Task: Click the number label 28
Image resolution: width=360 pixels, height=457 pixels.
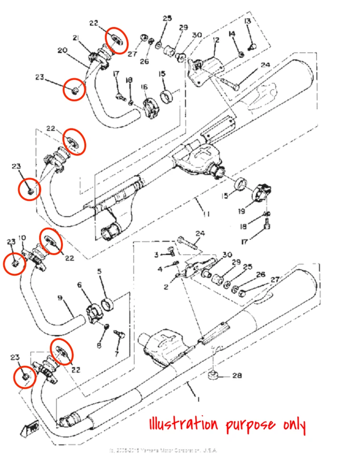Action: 237,376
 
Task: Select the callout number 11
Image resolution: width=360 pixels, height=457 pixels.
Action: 206,215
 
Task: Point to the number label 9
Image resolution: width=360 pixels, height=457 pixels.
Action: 60,298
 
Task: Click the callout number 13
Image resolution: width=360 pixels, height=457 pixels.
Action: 248,21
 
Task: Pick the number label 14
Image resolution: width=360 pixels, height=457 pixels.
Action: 232,33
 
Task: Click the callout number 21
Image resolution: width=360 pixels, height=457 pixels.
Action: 76,38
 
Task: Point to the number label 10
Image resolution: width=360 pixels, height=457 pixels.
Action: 22,238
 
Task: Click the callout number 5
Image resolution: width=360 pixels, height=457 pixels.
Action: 100,272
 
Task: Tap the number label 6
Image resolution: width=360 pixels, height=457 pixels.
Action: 80,285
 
